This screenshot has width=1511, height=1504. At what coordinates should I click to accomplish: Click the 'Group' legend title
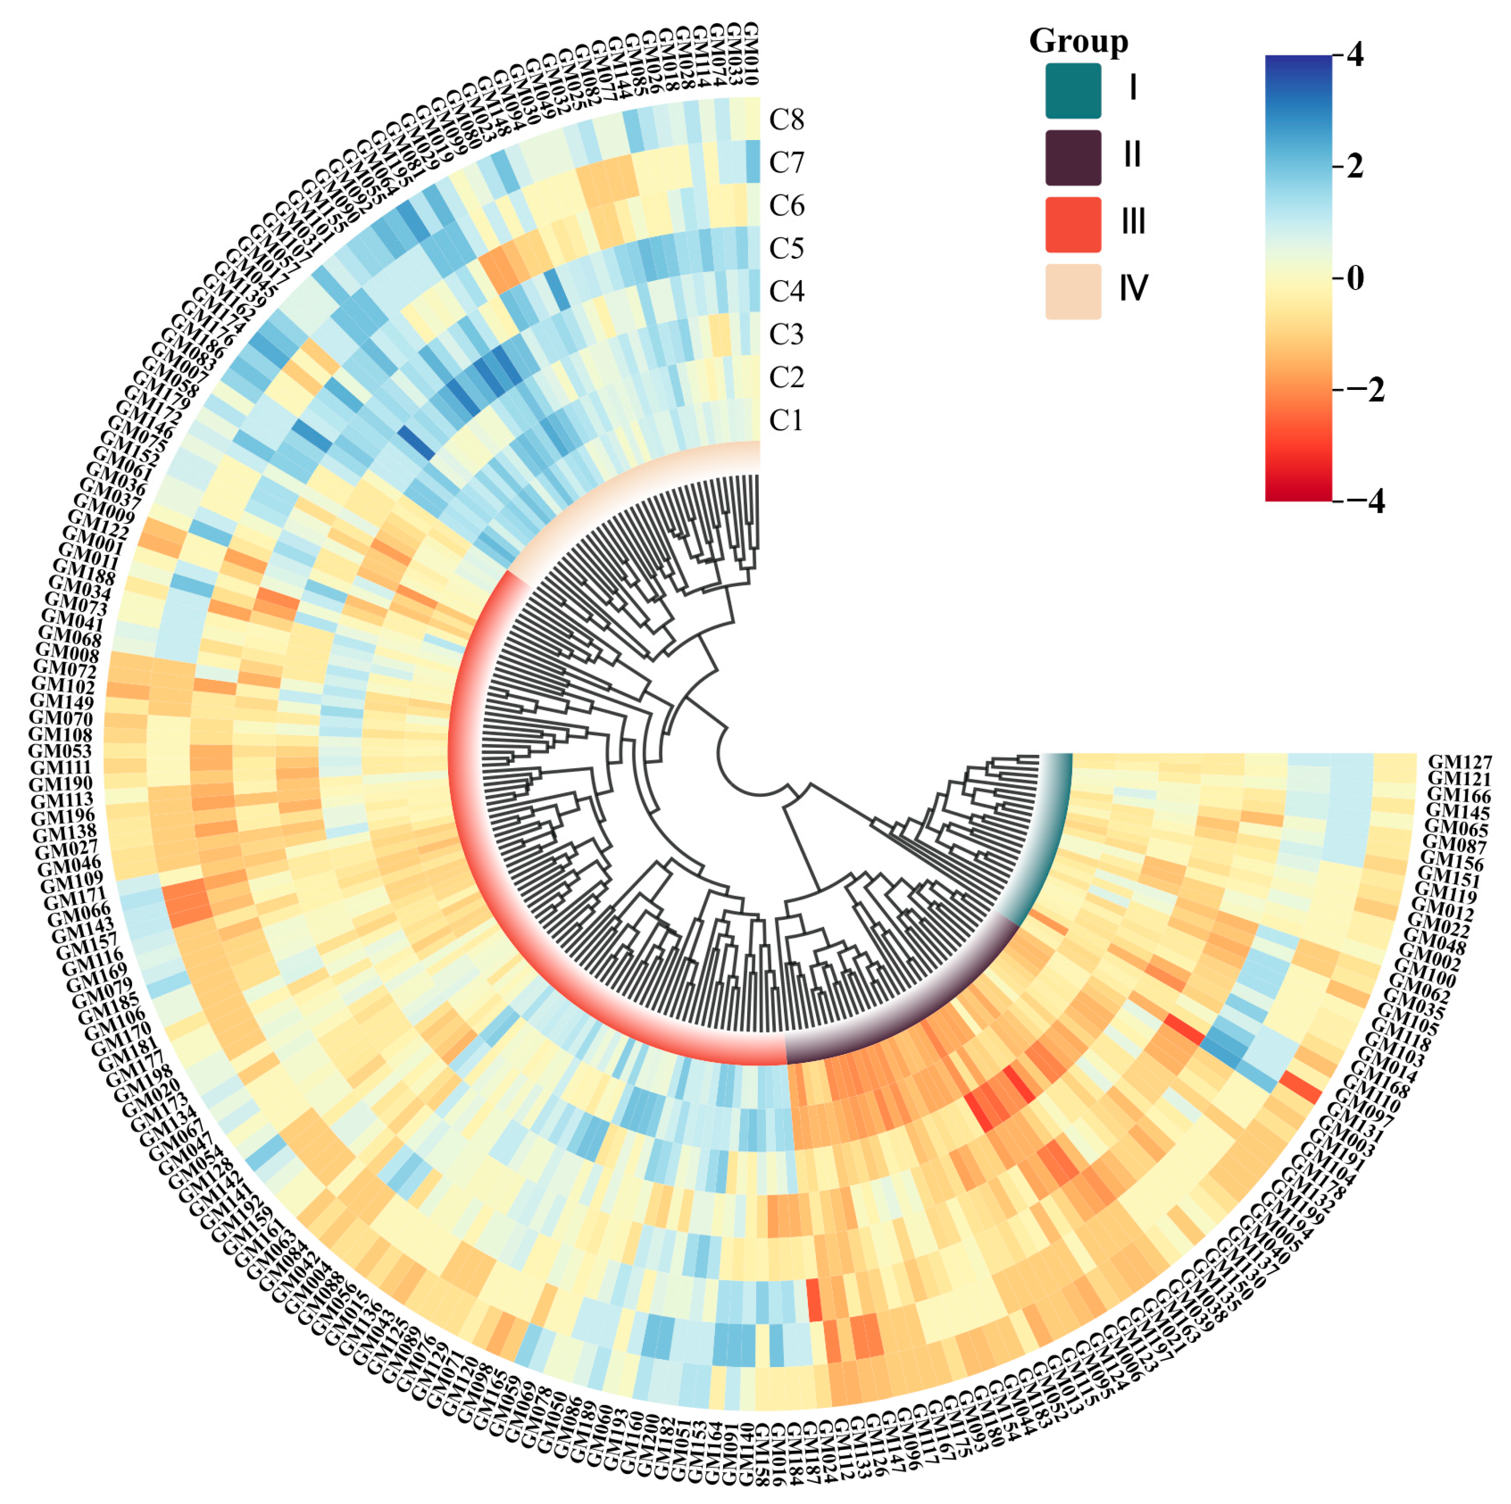[1078, 41]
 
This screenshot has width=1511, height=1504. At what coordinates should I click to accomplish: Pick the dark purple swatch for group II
[1073, 157]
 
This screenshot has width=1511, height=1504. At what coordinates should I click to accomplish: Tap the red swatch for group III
[1073, 224]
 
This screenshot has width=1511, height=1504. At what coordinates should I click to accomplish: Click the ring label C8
[786, 119]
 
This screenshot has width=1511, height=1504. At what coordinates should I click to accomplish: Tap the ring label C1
[786, 421]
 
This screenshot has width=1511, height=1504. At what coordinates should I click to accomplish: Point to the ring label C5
[786, 249]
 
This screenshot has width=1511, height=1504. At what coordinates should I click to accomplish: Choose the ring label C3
[786, 335]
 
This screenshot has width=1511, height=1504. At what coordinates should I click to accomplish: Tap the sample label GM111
[61, 768]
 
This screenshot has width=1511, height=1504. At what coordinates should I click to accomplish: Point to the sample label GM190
[61, 784]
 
